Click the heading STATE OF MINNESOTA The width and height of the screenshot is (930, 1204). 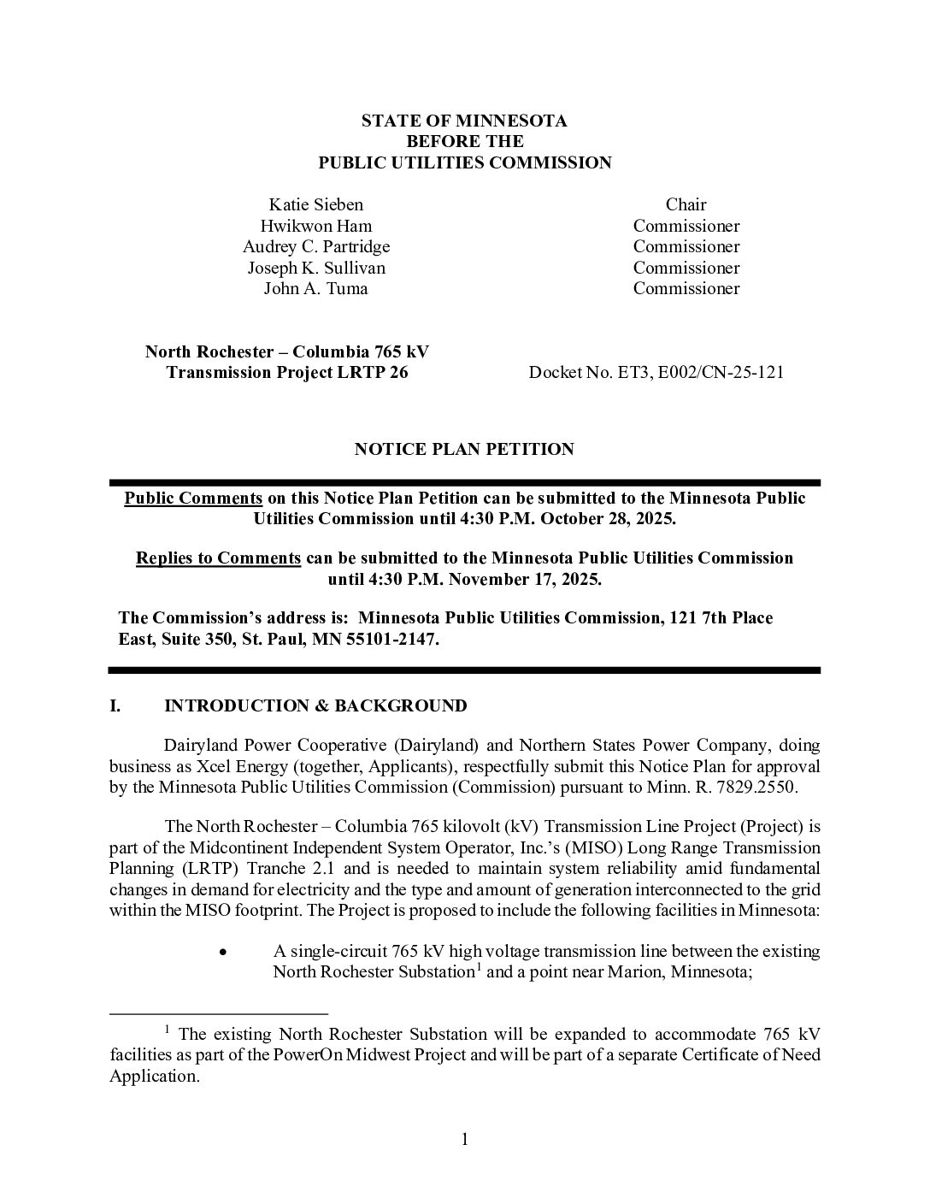[x=464, y=121]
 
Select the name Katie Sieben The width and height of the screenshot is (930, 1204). [x=315, y=204]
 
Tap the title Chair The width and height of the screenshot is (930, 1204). [x=686, y=204]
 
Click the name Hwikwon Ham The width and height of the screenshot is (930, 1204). [x=315, y=226]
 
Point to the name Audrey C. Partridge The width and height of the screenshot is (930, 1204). [x=315, y=246]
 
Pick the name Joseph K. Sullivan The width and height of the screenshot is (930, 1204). [x=315, y=268]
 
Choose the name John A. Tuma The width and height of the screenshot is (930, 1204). [x=315, y=288]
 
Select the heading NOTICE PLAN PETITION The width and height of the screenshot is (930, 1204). [x=464, y=449]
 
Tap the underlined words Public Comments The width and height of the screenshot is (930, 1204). [x=193, y=498]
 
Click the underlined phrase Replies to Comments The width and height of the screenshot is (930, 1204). [x=218, y=558]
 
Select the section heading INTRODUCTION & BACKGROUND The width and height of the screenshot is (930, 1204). [x=315, y=705]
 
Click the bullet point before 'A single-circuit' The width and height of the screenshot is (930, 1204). [x=223, y=952]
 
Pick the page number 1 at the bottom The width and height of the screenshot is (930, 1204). [x=465, y=1139]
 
